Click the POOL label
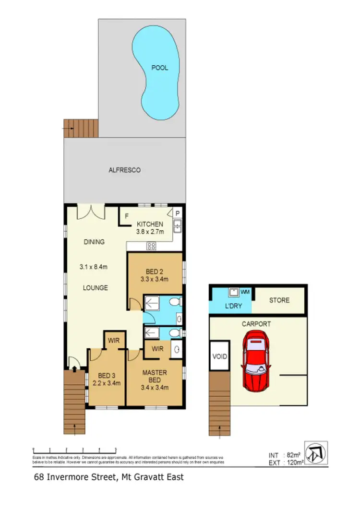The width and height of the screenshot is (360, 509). (160, 68)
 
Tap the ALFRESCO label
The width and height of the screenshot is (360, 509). (124, 170)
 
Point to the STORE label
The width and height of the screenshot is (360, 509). (279, 300)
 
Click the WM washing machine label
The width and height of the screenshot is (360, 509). (245, 292)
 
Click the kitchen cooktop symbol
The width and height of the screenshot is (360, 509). (151, 246)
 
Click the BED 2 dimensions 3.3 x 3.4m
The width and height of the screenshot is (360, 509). (154, 278)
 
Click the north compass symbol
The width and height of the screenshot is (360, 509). (316, 453)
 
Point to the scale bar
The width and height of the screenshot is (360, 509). (74, 450)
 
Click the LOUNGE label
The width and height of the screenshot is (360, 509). (95, 288)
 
